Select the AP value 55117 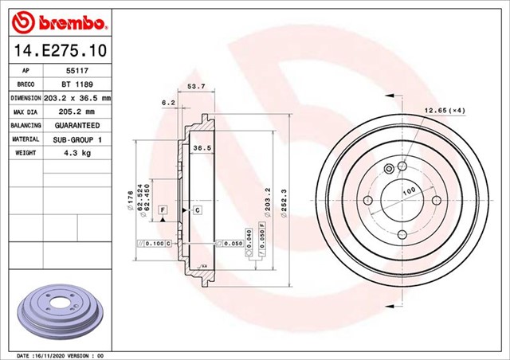(76, 71)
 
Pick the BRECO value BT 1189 (76, 84)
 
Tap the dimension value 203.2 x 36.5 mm (76, 98)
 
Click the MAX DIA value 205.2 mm (76, 112)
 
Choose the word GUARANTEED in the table (76, 126)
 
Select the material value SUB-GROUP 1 (76, 139)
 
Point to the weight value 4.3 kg (76, 153)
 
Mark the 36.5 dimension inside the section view (202, 148)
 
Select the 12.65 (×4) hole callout (445, 110)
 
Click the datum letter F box (163, 209)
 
